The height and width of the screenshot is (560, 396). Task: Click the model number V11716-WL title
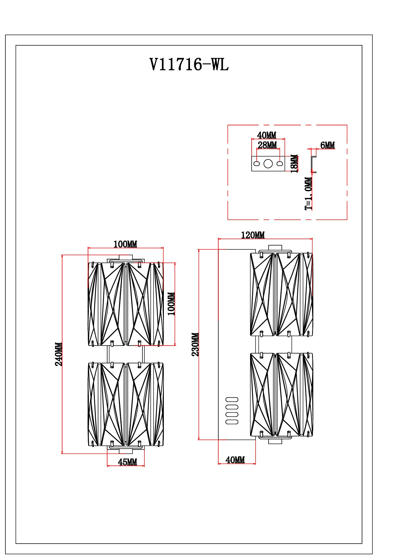[189, 65]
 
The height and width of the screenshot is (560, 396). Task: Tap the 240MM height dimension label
[59, 354]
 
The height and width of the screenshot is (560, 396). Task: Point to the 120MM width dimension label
[253, 235]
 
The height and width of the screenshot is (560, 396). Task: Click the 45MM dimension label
[127, 462]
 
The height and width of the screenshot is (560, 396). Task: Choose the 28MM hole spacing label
[267, 145]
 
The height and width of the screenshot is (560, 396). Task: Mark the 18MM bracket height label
[294, 163]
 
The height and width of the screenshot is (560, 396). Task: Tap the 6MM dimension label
[327, 145]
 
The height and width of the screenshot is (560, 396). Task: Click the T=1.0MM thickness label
[308, 193]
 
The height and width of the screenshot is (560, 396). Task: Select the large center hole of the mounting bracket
[268, 164]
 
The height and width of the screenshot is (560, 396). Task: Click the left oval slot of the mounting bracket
[256, 164]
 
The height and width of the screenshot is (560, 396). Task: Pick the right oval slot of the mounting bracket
[280, 164]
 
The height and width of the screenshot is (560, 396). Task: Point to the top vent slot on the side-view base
[232, 399]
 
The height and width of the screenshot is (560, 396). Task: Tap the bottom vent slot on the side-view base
[232, 422]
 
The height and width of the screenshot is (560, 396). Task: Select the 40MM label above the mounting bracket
[267, 135]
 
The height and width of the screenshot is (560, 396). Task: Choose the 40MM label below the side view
[235, 460]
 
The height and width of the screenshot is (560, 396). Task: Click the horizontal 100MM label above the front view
[125, 244]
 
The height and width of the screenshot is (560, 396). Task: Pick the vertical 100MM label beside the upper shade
[171, 304]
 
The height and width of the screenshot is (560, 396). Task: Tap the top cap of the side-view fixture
[275, 248]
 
